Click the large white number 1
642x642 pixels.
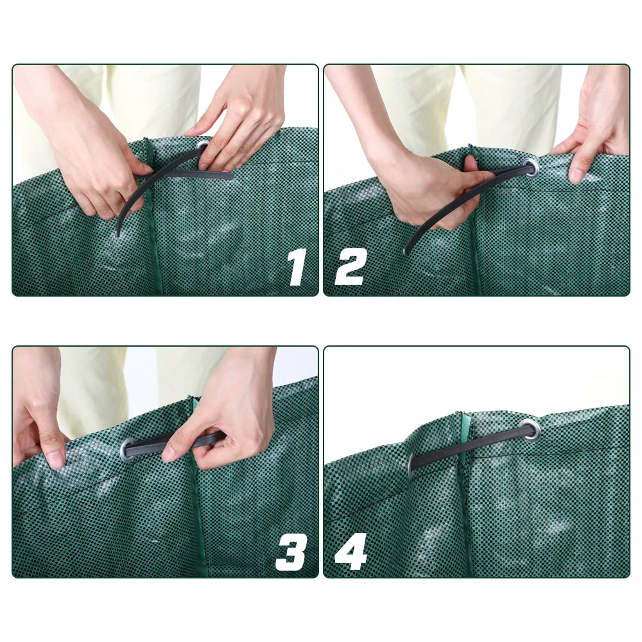pos(296,267)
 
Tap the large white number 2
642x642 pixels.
pos(351,267)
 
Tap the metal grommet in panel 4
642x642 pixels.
pos(531,429)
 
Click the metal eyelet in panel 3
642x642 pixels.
pos(126,447)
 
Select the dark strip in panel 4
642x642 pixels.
pos(469,446)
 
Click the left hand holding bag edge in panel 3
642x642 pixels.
pos(39,417)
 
